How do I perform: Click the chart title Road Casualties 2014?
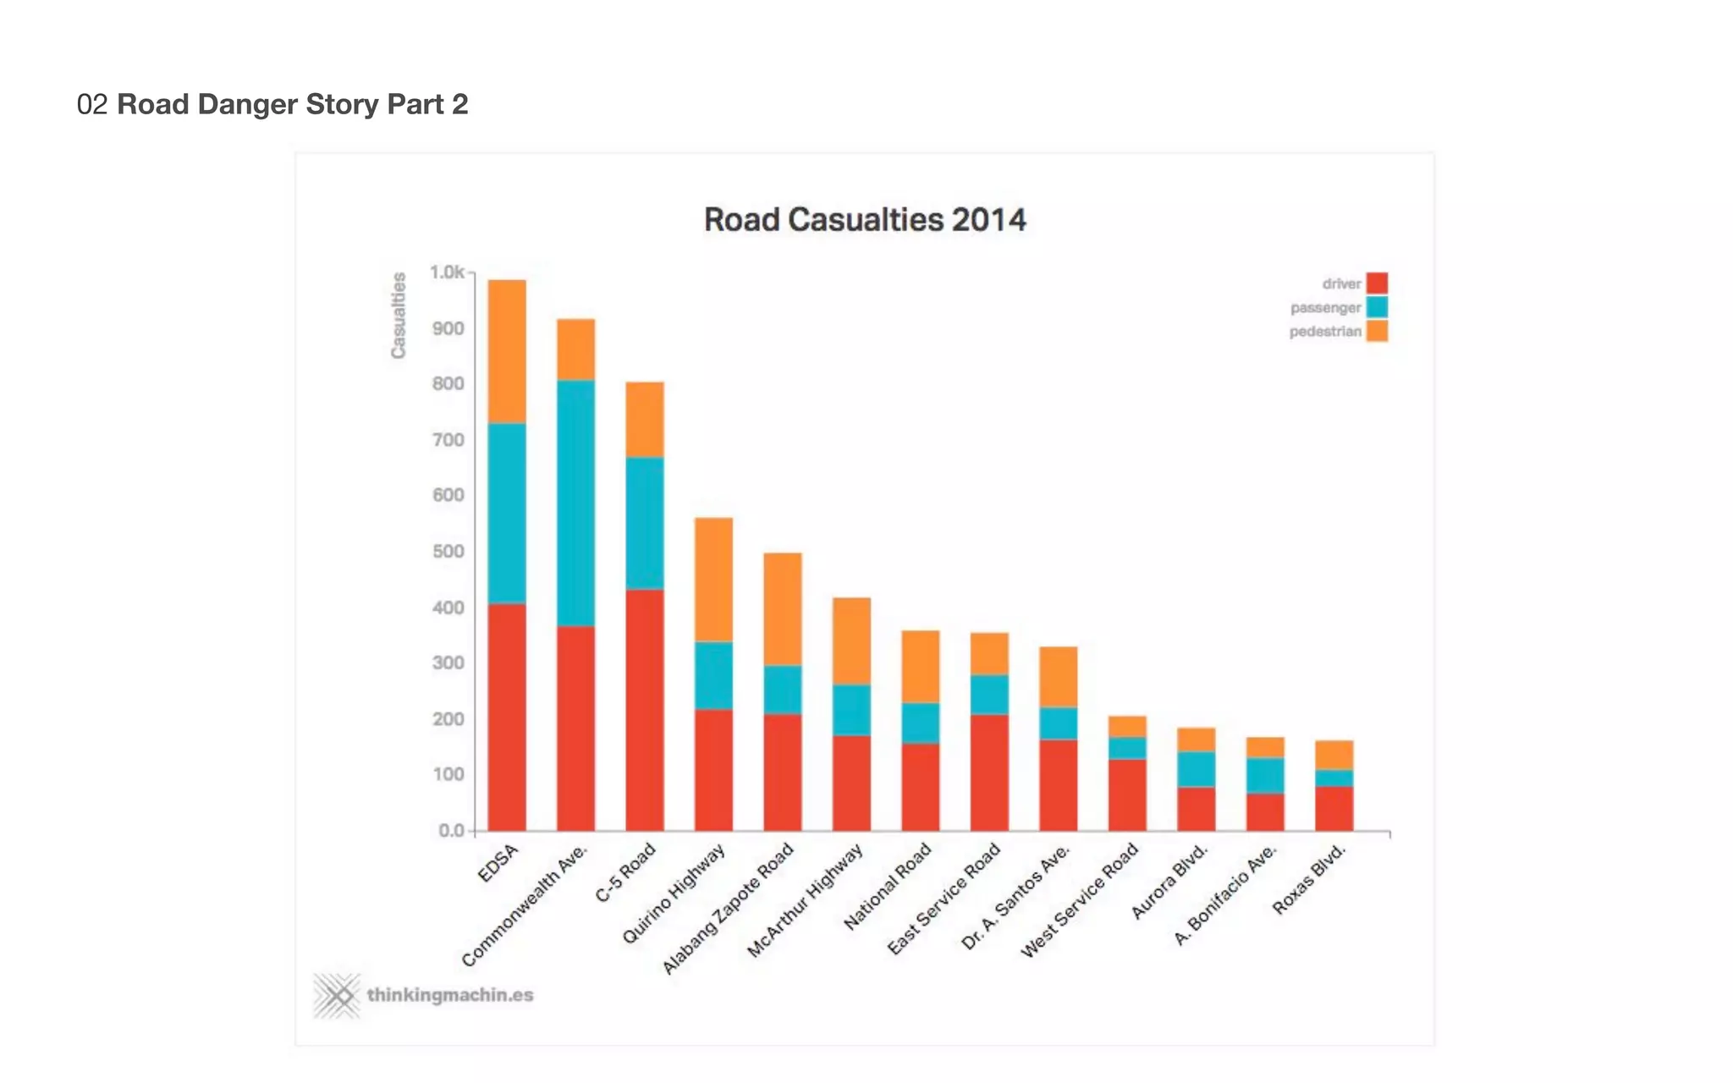(865, 220)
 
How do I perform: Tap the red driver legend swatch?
(1377, 283)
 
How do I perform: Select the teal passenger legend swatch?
(1377, 307)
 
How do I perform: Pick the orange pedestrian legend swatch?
(1377, 331)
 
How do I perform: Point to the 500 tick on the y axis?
(448, 552)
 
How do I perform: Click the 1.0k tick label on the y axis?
(447, 272)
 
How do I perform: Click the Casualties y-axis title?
(399, 315)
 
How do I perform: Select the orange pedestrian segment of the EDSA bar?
(507, 351)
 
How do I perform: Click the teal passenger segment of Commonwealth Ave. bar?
(575, 503)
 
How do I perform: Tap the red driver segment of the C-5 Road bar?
(645, 710)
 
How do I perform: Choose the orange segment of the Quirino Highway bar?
(713, 580)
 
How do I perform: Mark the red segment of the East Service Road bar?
(989, 772)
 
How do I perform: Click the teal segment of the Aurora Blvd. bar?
(1196, 769)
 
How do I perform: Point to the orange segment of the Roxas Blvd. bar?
(1334, 755)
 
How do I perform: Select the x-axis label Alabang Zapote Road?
(729, 908)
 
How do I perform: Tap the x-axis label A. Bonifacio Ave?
(1225, 894)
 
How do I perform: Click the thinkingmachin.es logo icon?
(337, 996)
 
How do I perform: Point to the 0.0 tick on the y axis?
(452, 831)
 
